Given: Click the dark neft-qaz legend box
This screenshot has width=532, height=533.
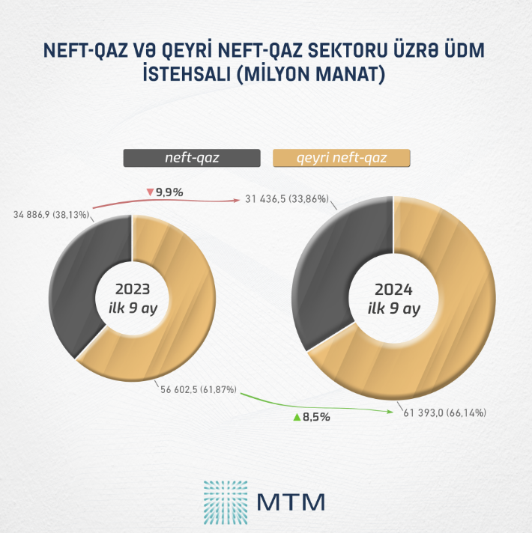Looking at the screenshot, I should [x=192, y=158].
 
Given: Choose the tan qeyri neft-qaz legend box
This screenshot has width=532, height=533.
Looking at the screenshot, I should [x=342, y=158].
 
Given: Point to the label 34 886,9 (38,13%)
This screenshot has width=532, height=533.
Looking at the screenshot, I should [x=52, y=215].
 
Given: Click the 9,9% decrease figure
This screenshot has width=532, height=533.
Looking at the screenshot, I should [x=169, y=192].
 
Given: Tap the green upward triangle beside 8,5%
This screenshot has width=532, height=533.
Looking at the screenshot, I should [x=297, y=417].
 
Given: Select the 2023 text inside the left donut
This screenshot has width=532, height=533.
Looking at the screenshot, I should [x=133, y=289].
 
